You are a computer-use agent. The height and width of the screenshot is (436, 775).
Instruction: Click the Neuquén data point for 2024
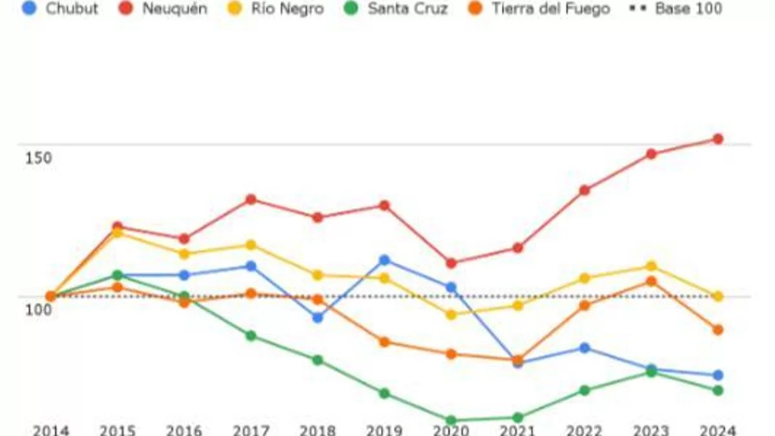click(x=718, y=139)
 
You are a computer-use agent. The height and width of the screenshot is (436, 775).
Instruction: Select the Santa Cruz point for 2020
click(x=451, y=420)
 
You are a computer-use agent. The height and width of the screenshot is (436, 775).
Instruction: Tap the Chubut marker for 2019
click(x=384, y=260)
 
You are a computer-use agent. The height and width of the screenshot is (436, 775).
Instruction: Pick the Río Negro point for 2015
click(x=117, y=233)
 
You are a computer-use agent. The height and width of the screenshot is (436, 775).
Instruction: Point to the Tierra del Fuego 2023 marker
click(x=651, y=282)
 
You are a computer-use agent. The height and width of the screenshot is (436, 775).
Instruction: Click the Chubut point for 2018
click(x=318, y=318)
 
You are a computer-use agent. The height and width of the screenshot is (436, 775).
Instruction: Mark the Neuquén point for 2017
click(x=251, y=200)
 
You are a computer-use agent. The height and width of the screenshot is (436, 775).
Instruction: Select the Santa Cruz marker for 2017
click(x=251, y=336)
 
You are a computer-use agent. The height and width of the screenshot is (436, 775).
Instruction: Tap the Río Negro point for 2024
click(x=718, y=296)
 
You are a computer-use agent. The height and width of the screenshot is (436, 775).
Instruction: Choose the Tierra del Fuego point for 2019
click(x=384, y=342)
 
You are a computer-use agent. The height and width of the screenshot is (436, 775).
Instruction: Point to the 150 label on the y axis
click(x=38, y=158)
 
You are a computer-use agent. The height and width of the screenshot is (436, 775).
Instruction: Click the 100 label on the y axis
click(x=38, y=309)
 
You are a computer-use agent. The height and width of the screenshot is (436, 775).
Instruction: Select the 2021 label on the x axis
click(x=517, y=430)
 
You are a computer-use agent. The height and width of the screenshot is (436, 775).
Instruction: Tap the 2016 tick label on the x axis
click(x=184, y=430)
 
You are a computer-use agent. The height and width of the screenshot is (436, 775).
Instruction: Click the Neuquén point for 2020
click(x=451, y=264)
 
